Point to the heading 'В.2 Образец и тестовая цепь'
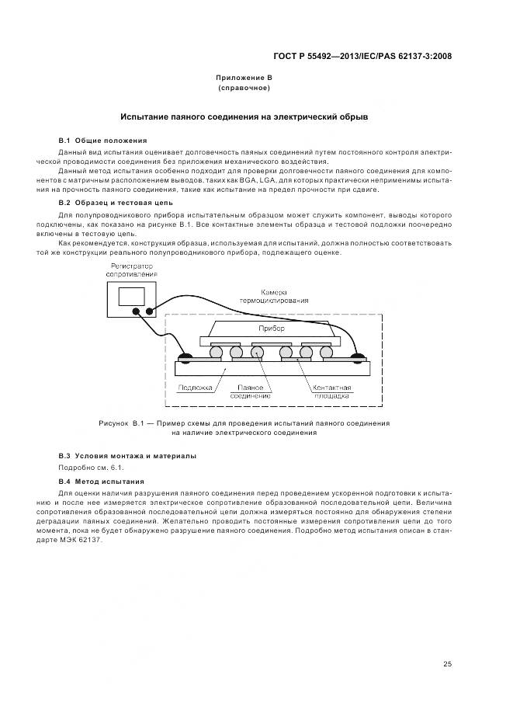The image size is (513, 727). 110,203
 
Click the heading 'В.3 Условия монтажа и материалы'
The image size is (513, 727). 127,455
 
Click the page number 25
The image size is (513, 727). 447,663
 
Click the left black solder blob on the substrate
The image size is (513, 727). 186,358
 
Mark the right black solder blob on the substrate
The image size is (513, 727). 358,358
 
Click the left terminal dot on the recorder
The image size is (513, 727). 137,313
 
